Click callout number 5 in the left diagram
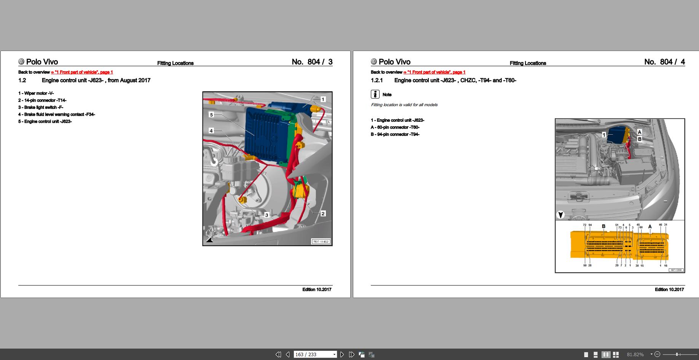(211, 115)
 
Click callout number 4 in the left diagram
(211, 131)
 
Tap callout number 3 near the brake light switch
(267, 215)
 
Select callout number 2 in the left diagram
(323, 213)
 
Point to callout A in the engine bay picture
(639, 132)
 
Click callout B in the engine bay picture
(639, 139)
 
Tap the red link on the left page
(82, 72)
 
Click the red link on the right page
(434, 72)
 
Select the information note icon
(375, 94)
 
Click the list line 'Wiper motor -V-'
(36, 93)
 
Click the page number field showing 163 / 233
(313, 354)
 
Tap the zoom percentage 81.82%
(635, 354)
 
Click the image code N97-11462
(321, 242)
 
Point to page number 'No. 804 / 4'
(664, 62)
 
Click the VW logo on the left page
(21, 62)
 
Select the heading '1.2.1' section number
(377, 80)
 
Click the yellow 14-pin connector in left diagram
(301, 190)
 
